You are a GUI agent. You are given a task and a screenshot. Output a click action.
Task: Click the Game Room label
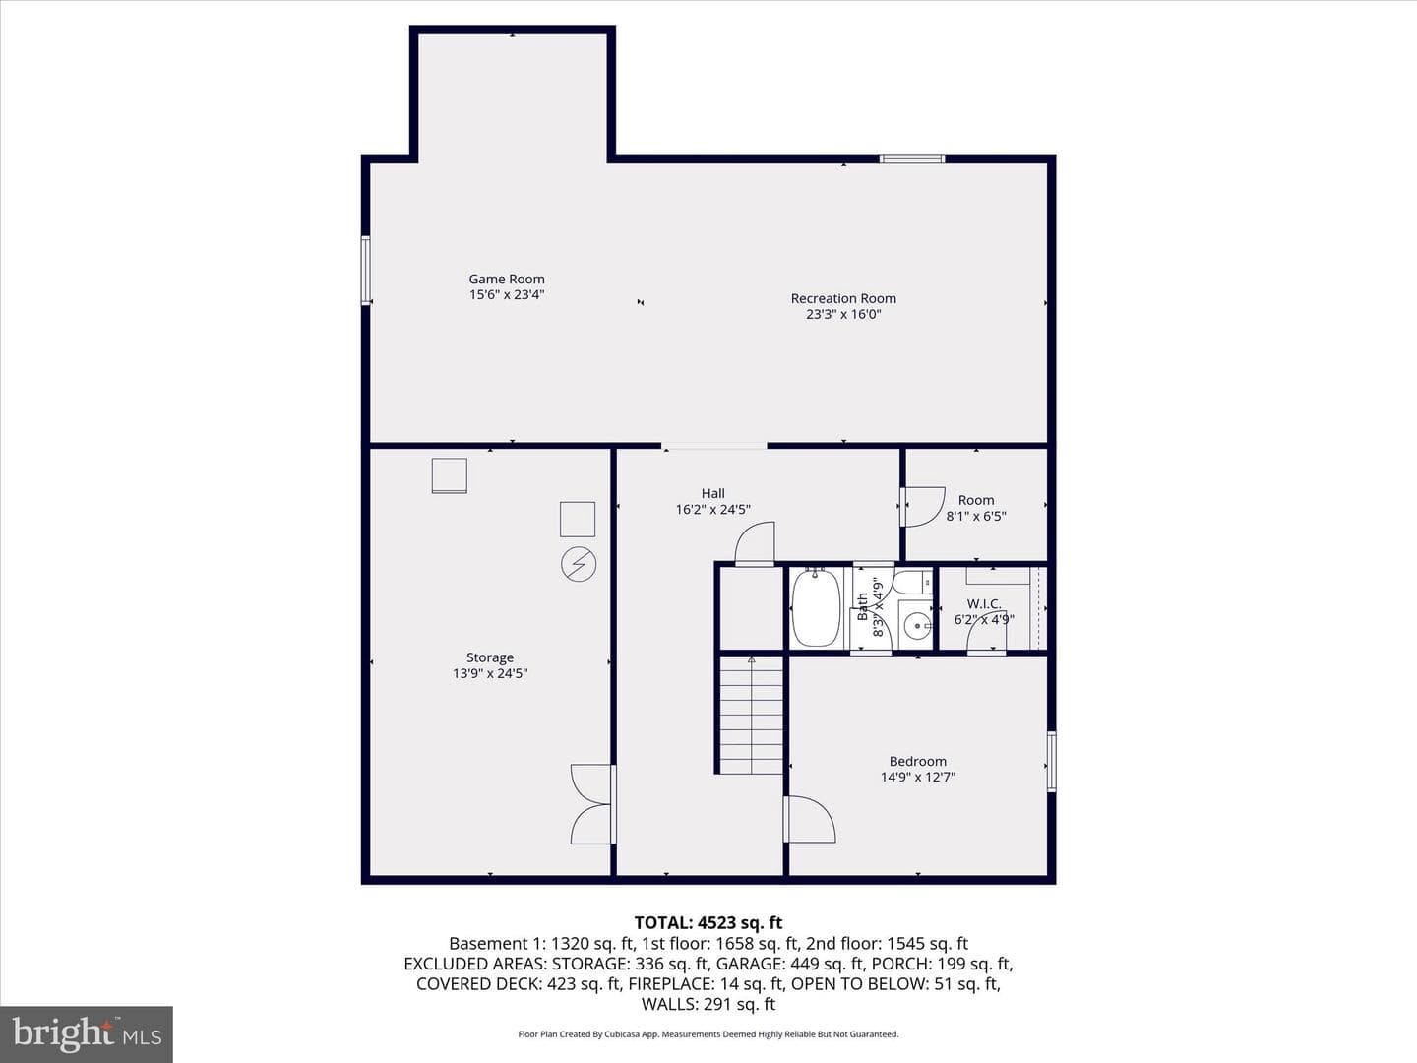pyautogui.click(x=507, y=279)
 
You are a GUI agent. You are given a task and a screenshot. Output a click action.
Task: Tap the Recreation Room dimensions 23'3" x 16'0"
pyautogui.click(x=843, y=314)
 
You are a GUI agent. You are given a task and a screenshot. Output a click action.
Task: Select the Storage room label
pyautogui.click(x=490, y=657)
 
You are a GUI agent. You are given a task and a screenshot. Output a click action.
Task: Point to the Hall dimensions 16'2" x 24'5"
pyautogui.click(x=712, y=509)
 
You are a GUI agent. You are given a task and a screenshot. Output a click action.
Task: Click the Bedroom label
pyautogui.click(x=917, y=761)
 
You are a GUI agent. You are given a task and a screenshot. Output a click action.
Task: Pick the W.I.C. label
pyautogui.click(x=984, y=604)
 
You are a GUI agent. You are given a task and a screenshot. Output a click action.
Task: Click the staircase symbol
pyautogui.click(x=752, y=715)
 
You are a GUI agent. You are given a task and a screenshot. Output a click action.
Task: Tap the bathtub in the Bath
pyautogui.click(x=816, y=606)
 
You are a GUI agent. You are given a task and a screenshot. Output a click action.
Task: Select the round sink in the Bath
pyautogui.click(x=917, y=626)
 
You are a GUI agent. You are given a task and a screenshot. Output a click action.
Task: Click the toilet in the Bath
pyautogui.click(x=915, y=583)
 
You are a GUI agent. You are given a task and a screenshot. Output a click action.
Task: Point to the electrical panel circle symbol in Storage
pyautogui.click(x=579, y=564)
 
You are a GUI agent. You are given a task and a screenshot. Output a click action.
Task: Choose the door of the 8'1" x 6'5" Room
pyautogui.click(x=923, y=507)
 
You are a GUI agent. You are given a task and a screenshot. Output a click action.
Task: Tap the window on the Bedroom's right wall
pyautogui.click(x=1051, y=761)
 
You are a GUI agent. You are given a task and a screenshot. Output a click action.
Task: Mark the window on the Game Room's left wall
pyautogui.click(x=365, y=270)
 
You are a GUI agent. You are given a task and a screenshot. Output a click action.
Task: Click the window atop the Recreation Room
pyautogui.click(x=911, y=158)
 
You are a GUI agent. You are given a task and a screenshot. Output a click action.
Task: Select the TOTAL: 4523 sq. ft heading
pyautogui.click(x=708, y=922)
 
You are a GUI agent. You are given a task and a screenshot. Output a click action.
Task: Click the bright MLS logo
pyautogui.click(x=87, y=1034)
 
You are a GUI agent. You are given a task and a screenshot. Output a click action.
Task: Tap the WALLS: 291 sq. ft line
pyautogui.click(x=708, y=1004)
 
